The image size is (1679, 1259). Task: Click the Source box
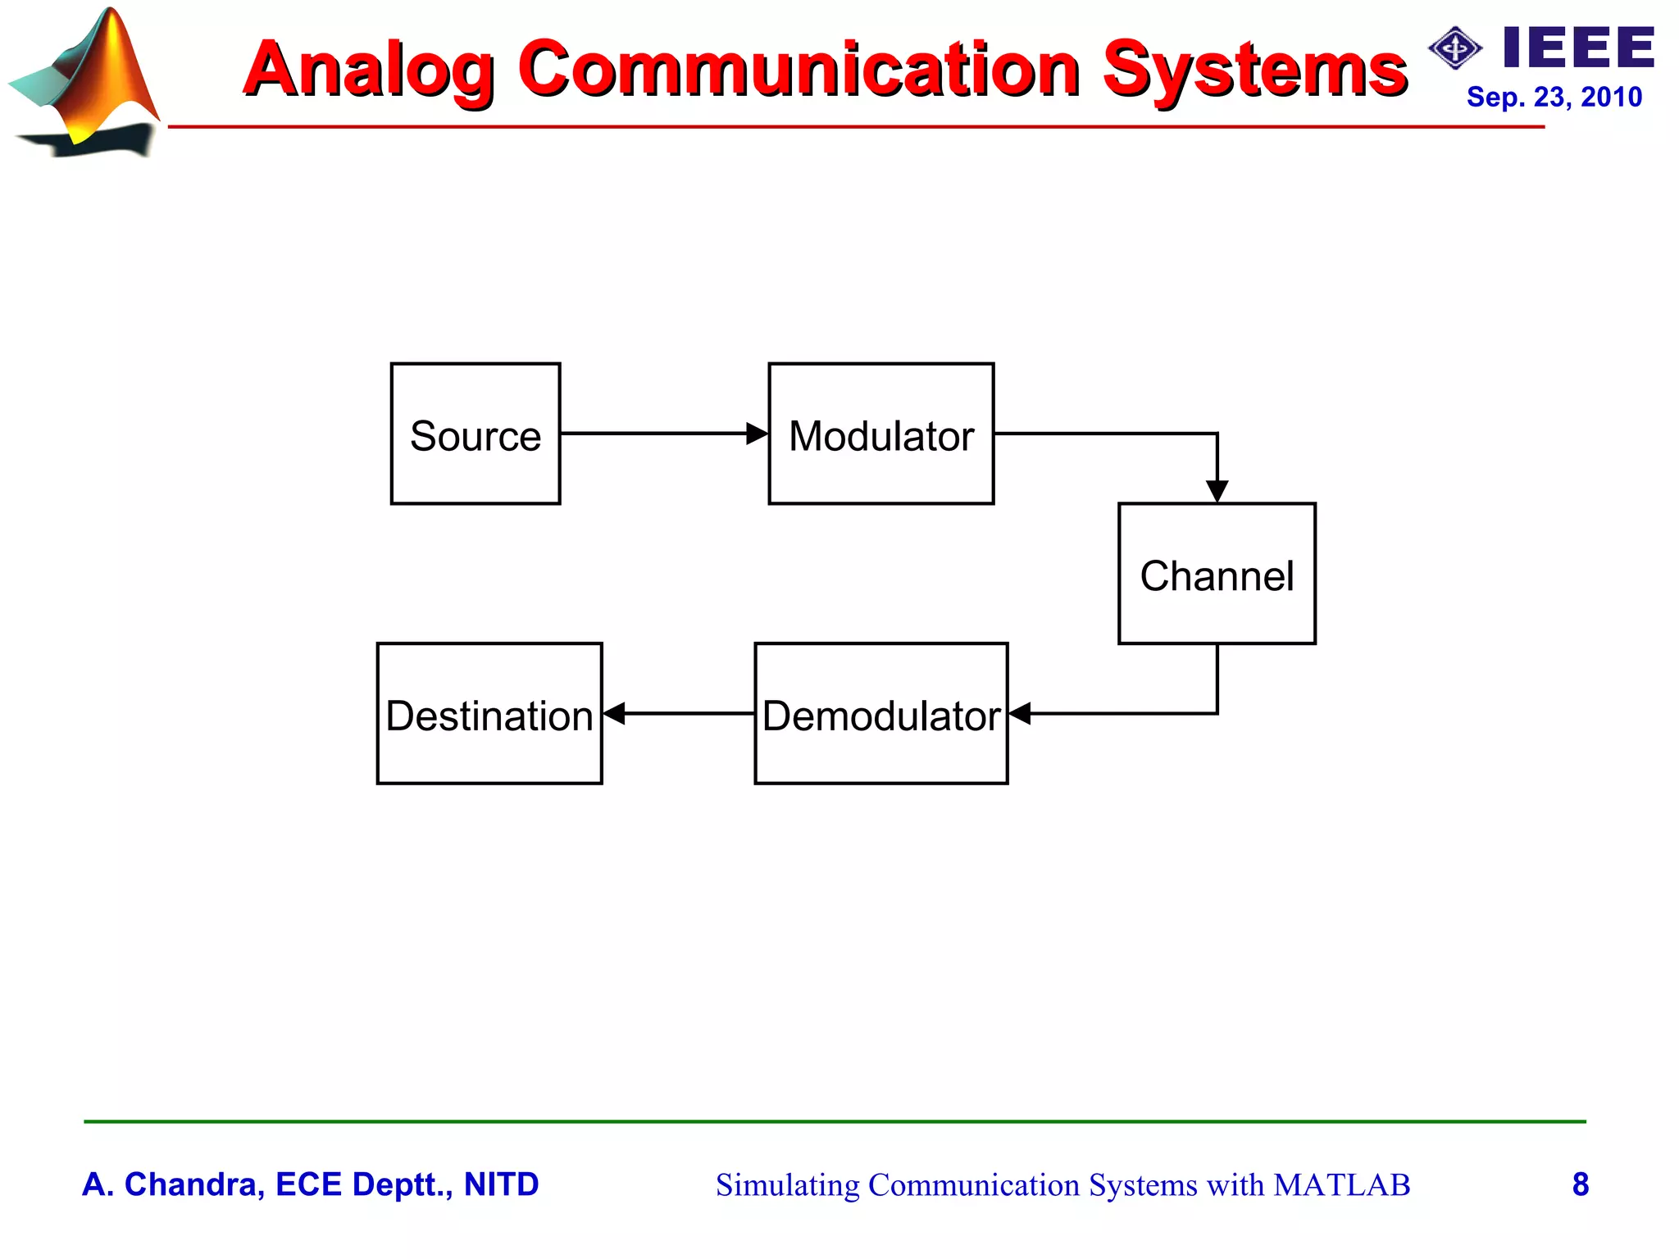tap(475, 434)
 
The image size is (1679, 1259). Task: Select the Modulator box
tap(881, 434)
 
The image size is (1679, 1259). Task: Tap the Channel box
tap(1217, 574)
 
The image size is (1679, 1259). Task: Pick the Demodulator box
tap(881, 714)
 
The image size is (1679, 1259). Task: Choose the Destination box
tap(489, 714)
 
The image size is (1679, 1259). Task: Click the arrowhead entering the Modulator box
tap(758, 434)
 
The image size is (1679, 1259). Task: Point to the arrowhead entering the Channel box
tap(1217, 491)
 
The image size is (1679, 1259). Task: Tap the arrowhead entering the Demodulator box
tap(1020, 714)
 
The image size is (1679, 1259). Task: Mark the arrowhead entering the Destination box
tap(614, 714)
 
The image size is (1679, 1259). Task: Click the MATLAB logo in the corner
tap(86, 82)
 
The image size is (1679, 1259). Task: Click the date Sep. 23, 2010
tap(1554, 97)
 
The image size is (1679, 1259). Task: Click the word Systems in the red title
tap(1254, 70)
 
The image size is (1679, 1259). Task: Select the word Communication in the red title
tap(799, 70)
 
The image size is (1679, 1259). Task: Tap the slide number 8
tap(1581, 1184)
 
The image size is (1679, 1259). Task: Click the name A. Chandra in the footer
tap(173, 1184)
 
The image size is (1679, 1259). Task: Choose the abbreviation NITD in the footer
tap(501, 1184)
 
